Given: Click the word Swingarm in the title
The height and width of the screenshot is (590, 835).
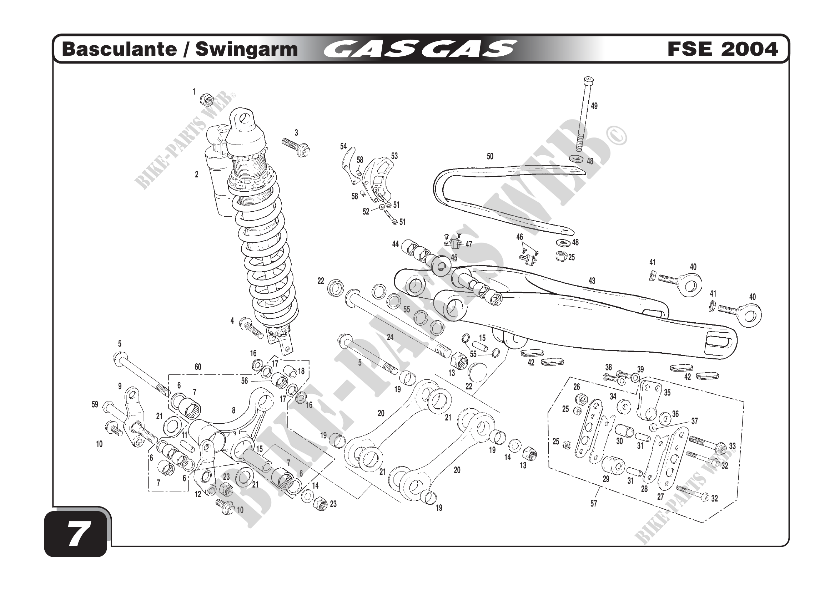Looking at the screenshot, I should click(x=247, y=50).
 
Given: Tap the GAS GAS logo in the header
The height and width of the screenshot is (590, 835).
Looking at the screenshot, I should click(x=420, y=50).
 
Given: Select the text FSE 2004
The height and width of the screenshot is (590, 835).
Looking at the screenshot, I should click(x=723, y=50).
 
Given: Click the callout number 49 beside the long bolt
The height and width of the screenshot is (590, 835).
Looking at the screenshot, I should click(x=594, y=106).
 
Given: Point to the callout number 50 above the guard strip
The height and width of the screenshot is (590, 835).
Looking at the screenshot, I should click(x=490, y=156).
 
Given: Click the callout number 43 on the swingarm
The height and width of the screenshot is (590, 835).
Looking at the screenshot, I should click(x=592, y=281).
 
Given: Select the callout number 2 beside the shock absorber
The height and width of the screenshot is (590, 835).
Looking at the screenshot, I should click(x=197, y=175).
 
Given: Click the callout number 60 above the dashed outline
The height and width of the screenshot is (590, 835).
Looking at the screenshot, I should click(x=198, y=367).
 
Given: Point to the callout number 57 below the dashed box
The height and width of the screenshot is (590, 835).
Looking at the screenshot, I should click(x=594, y=504).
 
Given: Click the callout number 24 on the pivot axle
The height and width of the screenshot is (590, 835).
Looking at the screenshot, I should click(x=390, y=337).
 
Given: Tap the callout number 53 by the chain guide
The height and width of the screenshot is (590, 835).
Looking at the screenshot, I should click(x=394, y=156).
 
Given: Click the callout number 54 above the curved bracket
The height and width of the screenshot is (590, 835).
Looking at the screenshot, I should click(x=343, y=146).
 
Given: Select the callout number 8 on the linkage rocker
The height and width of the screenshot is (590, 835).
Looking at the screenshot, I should click(x=233, y=410).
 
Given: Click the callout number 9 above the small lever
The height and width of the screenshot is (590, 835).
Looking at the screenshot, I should click(x=120, y=387).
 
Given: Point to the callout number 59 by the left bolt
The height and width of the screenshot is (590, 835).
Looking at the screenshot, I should click(x=95, y=404).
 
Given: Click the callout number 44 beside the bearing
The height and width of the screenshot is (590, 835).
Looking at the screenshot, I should click(x=395, y=244).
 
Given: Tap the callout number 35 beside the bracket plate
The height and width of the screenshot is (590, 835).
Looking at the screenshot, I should click(x=667, y=393).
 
